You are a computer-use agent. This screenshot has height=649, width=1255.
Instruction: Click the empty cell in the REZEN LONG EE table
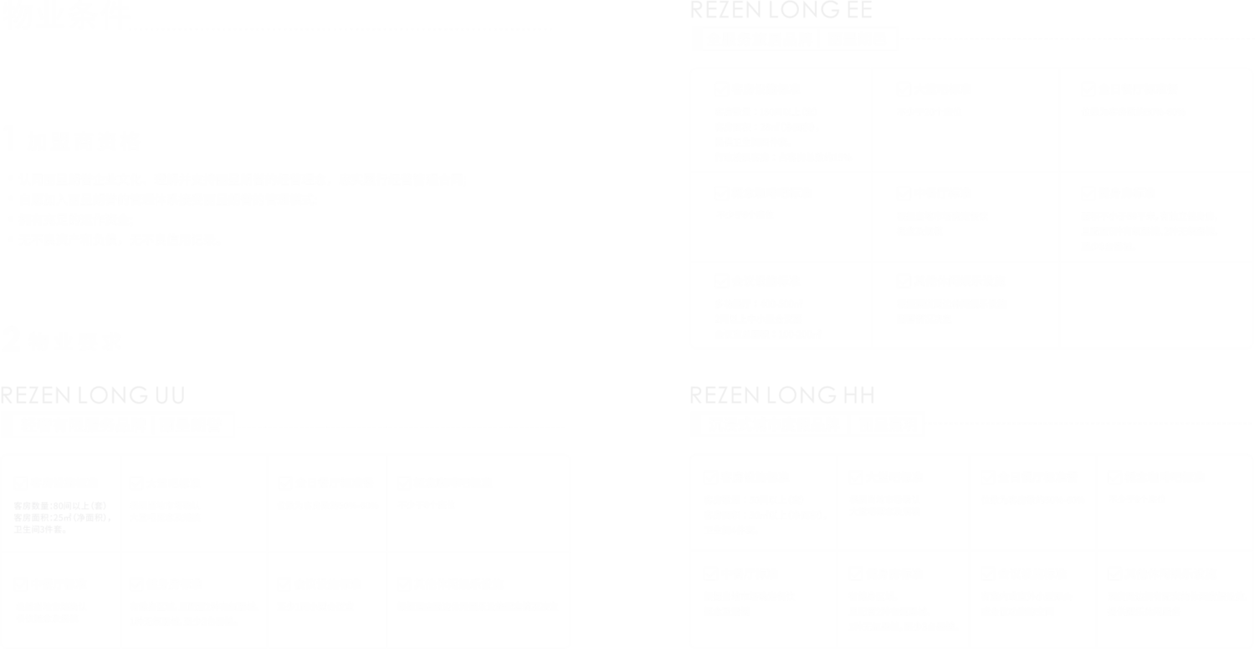click(x=1156, y=304)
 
